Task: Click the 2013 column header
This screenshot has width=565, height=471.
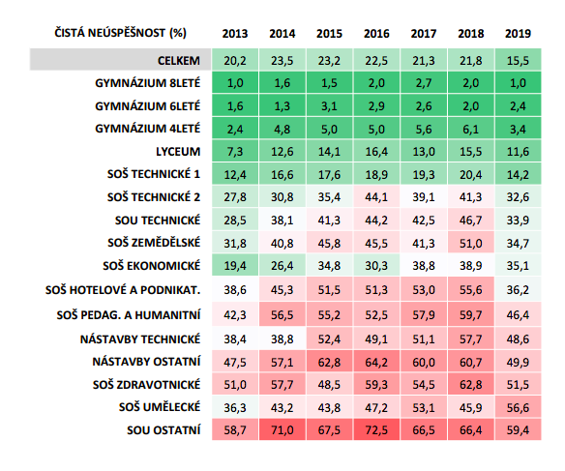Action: pyautogui.click(x=235, y=34)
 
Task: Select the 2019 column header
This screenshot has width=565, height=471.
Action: pyautogui.click(x=518, y=34)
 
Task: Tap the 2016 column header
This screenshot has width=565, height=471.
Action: pyautogui.click(x=376, y=34)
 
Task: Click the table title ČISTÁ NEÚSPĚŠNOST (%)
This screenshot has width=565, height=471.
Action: pyautogui.click(x=120, y=33)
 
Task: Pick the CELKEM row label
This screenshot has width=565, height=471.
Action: pyautogui.click(x=179, y=61)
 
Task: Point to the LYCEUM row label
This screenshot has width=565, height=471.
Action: pyautogui.click(x=178, y=152)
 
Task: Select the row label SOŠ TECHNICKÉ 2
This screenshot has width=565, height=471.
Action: pyautogui.click(x=154, y=197)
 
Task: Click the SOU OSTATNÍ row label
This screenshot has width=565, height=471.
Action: pyautogui.click(x=164, y=430)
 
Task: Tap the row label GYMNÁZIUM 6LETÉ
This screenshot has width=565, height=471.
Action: pyautogui.click(x=148, y=106)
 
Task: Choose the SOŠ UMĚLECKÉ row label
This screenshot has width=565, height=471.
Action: pyautogui.click(x=160, y=407)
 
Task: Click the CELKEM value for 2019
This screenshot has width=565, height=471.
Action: pyautogui.click(x=518, y=61)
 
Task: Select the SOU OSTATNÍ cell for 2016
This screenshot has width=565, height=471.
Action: pyautogui.click(x=376, y=430)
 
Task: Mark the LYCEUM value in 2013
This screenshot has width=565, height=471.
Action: pyautogui.click(x=235, y=152)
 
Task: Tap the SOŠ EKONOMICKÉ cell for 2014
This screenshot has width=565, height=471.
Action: pyautogui.click(x=282, y=266)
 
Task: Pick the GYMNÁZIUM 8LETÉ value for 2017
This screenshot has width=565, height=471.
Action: pyautogui.click(x=424, y=83)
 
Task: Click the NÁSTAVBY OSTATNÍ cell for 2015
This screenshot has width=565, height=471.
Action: pyautogui.click(x=329, y=362)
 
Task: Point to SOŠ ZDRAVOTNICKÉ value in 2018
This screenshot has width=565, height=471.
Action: pyautogui.click(x=470, y=385)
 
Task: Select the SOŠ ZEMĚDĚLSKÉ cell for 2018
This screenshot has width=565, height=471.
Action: pyautogui.click(x=470, y=244)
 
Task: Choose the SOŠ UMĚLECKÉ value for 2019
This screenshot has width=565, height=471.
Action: pyautogui.click(x=518, y=407)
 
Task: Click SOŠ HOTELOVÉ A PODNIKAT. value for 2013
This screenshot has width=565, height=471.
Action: pyautogui.click(x=235, y=289)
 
